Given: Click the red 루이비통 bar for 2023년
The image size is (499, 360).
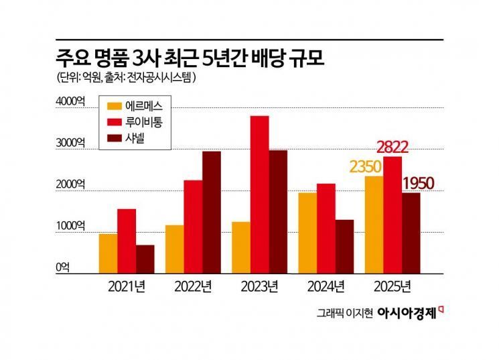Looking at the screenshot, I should (260, 194).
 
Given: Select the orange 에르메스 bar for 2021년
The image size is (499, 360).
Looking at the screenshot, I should (108, 253).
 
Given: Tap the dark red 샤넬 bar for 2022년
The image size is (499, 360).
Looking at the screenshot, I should (212, 212).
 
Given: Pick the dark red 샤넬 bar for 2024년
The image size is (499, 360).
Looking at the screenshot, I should (344, 246).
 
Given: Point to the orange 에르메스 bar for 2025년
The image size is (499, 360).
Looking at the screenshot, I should (373, 225).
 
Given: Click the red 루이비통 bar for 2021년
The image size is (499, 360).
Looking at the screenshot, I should (127, 241).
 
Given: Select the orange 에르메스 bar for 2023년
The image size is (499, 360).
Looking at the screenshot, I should (240, 247).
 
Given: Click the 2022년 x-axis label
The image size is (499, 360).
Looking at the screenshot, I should (193, 287).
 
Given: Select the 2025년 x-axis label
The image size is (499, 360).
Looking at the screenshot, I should (392, 287).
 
